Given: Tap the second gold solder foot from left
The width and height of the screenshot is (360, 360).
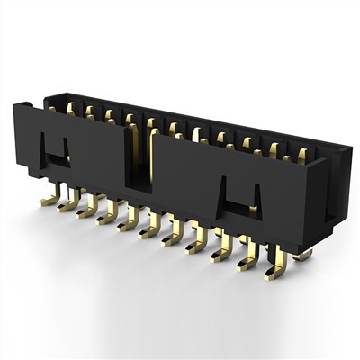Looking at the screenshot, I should tap(67, 203).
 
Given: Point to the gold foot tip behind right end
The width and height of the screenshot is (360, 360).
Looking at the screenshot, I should tap(304, 256).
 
